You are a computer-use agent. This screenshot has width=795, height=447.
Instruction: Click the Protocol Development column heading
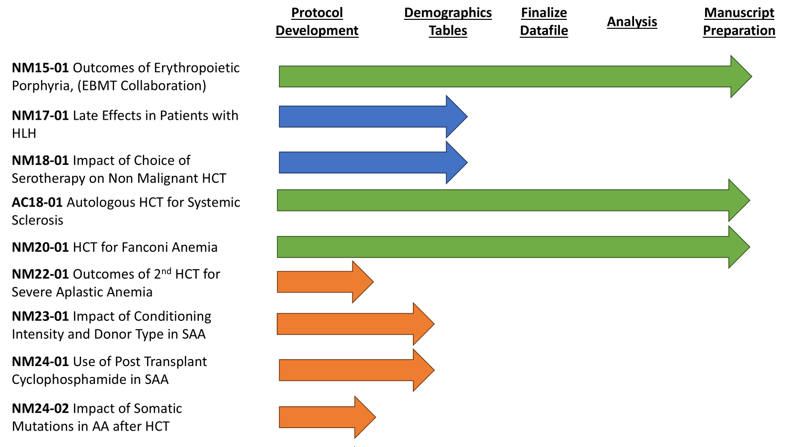(x=317, y=21)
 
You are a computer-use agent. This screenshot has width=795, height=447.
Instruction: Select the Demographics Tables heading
(x=448, y=21)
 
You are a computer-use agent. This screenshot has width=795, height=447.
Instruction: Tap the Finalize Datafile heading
(x=544, y=21)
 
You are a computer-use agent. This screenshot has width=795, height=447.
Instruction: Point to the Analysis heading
(x=632, y=21)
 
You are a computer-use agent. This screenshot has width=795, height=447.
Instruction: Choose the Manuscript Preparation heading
(x=739, y=21)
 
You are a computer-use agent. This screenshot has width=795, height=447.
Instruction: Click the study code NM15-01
(x=40, y=68)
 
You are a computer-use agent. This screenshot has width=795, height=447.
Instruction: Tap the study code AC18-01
(x=37, y=202)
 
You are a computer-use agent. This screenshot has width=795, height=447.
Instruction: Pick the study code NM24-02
(x=40, y=408)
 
